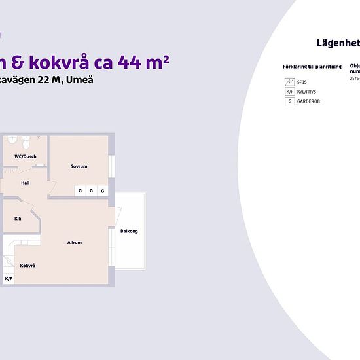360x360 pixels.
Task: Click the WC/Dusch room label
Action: point(26,156)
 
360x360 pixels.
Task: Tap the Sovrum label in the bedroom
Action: point(79,166)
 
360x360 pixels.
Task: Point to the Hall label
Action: point(26,183)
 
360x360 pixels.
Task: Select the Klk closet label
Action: point(18,219)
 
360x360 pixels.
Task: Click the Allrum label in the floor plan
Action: point(75,243)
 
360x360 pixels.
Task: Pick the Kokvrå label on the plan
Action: point(27,266)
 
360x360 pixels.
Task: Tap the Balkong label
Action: point(129,231)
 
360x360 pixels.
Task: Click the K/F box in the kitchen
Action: point(9,279)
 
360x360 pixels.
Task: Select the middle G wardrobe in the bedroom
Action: point(91,190)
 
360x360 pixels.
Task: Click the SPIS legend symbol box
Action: point(290,82)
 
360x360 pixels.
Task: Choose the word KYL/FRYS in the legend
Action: point(307,92)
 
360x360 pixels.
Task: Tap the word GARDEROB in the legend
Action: point(308,101)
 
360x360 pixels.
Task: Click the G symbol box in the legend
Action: point(290,101)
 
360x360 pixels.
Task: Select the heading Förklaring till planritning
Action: point(312,67)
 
